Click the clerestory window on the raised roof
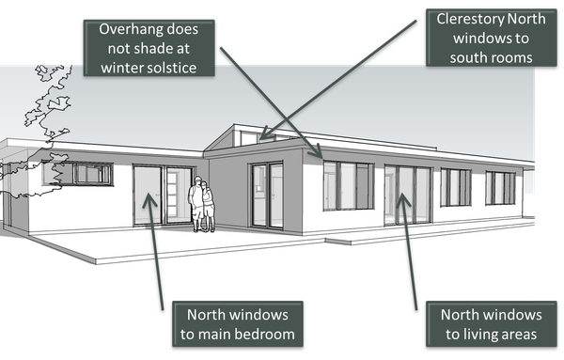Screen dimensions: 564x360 click(x=249, y=138)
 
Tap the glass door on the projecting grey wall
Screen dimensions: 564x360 click(x=266, y=195)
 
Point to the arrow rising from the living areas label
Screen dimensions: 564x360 click(x=408, y=244)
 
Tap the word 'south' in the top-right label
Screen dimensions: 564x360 click(x=469, y=58)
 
